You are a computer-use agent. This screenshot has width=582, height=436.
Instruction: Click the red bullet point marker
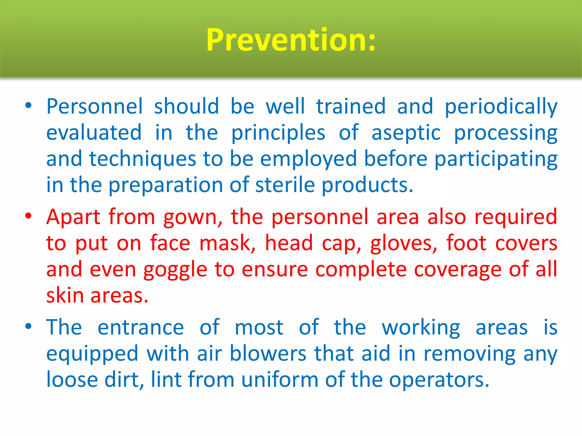tap(28, 216)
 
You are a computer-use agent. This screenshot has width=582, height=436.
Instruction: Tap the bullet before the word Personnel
tap(28, 106)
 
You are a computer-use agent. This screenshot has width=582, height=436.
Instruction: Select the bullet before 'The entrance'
tap(28, 326)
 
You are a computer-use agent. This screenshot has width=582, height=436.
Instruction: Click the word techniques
tap(142, 160)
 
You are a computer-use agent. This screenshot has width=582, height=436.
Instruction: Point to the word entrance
tap(141, 327)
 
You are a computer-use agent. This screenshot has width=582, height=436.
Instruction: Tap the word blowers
tap(268, 354)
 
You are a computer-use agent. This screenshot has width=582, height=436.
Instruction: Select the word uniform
tap(280, 380)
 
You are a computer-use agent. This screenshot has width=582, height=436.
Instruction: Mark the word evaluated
tap(94, 133)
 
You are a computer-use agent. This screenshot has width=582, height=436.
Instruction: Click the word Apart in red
tap(73, 217)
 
